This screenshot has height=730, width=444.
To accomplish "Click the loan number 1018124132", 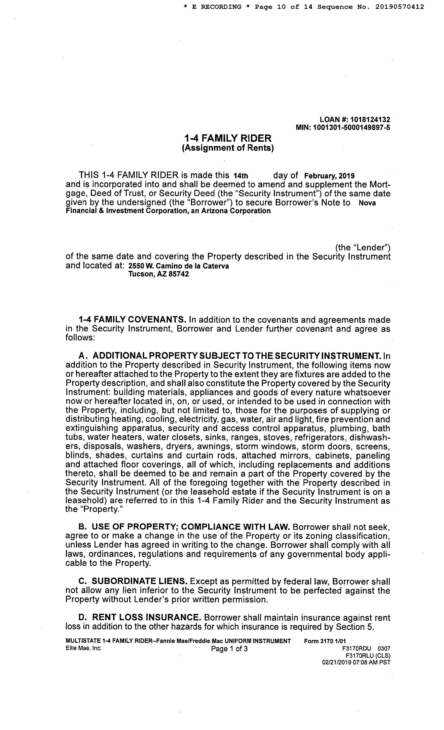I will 370,120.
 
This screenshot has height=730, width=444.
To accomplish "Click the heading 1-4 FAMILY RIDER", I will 228,138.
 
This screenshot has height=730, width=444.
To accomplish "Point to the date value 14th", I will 241,176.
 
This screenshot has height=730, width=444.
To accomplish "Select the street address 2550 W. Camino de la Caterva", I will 178,266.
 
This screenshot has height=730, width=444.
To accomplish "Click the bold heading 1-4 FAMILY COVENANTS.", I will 132,320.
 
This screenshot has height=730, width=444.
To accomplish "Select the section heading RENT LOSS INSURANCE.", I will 147,618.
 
